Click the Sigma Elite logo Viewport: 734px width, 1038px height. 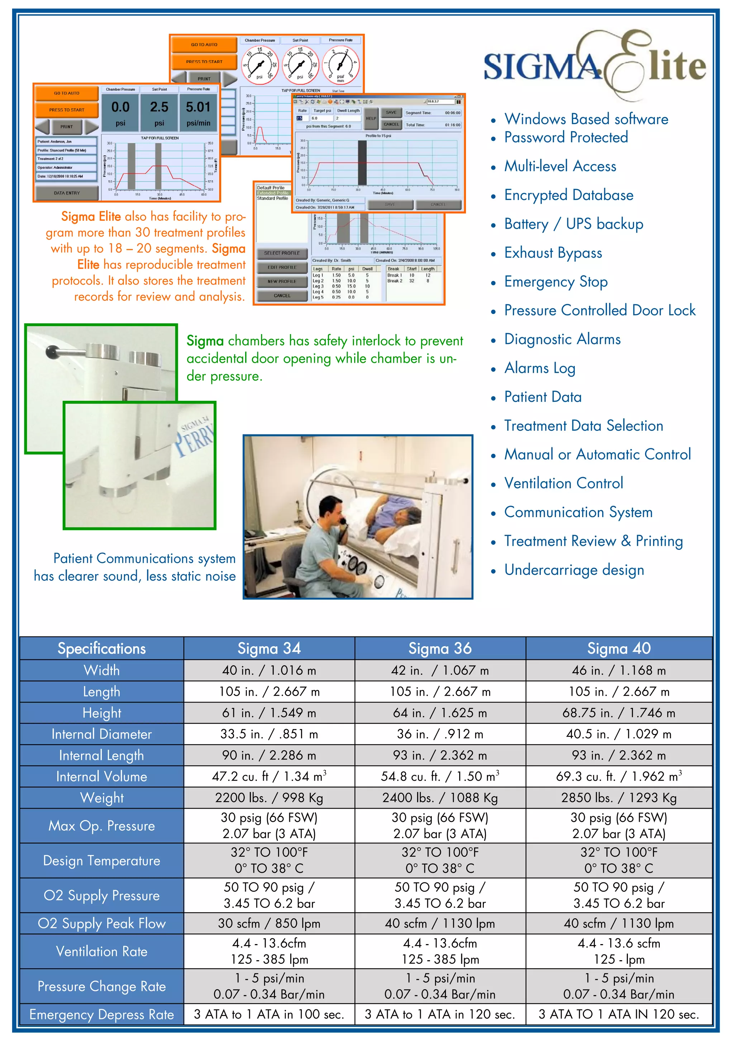594,66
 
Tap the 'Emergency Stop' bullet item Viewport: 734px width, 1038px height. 556,282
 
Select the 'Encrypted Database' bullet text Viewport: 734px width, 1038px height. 568,195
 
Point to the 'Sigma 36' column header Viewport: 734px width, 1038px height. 440,648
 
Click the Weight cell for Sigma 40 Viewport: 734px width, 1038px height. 618,798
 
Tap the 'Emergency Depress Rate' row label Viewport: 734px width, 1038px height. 102,1014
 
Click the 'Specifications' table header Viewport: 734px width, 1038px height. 102,648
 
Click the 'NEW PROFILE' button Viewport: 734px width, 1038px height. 282,281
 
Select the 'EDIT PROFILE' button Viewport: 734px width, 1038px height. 282,267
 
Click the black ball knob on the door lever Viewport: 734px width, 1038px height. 52,351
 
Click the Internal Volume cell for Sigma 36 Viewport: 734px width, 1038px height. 440,777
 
